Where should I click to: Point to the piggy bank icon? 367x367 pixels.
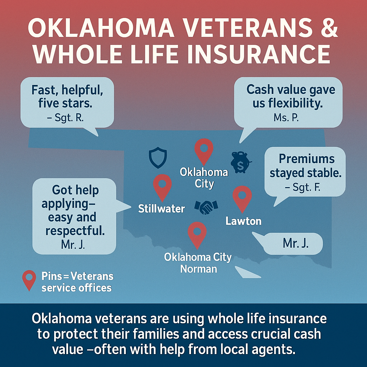point(240,162)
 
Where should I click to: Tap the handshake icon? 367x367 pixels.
point(206,206)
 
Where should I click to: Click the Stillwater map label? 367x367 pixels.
point(162,209)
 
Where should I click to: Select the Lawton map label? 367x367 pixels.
point(243,221)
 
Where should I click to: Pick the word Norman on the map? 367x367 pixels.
point(199,268)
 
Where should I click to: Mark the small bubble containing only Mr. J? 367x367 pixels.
point(296,243)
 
